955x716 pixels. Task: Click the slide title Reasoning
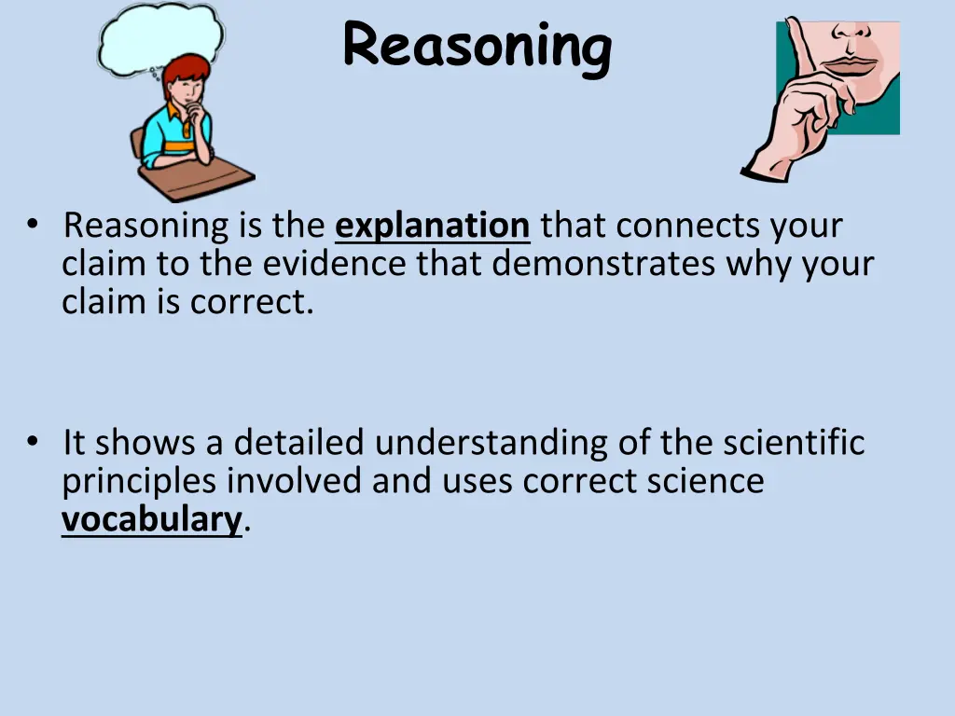[477, 46]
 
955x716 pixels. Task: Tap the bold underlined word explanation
[432, 227]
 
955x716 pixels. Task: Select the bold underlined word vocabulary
[151, 519]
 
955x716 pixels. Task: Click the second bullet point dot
[33, 441]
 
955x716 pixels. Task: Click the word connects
[684, 227]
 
